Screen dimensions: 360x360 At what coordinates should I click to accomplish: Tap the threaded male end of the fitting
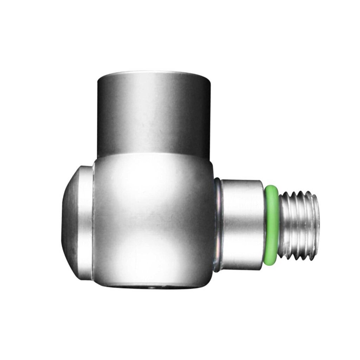(x=299, y=225)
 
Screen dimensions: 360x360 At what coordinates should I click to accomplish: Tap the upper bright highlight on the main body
(x=148, y=183)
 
